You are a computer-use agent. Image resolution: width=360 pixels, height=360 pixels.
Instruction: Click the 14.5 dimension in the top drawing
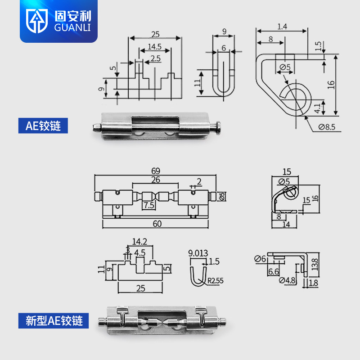pyautogui.click(x=154, y=47)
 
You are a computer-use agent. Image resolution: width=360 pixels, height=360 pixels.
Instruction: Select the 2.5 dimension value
pyautogui.click(x=156, y=58)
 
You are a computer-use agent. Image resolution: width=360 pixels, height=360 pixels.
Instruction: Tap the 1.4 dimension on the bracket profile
pyautogui.click(x=282, y=27)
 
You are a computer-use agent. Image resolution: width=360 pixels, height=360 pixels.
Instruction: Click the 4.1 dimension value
pyautogui.click(x=317, y=108)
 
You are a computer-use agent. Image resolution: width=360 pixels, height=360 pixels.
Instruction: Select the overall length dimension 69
pyautogui.click(x=156, y=171)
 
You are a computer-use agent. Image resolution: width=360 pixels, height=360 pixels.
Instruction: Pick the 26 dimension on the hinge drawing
pyautogui.click(x=155, y=180)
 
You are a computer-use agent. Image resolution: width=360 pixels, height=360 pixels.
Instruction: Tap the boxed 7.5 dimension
pyautogui.click(x=148, y=205)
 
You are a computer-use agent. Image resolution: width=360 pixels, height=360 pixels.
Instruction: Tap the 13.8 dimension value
pyautogui.click(x=316, y=264)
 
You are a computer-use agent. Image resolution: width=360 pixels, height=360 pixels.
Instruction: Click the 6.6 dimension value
pyautogui.click(x=273, y=272)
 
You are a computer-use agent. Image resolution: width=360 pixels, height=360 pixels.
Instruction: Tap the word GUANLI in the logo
pyautogui.click(x=72, y=28)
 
